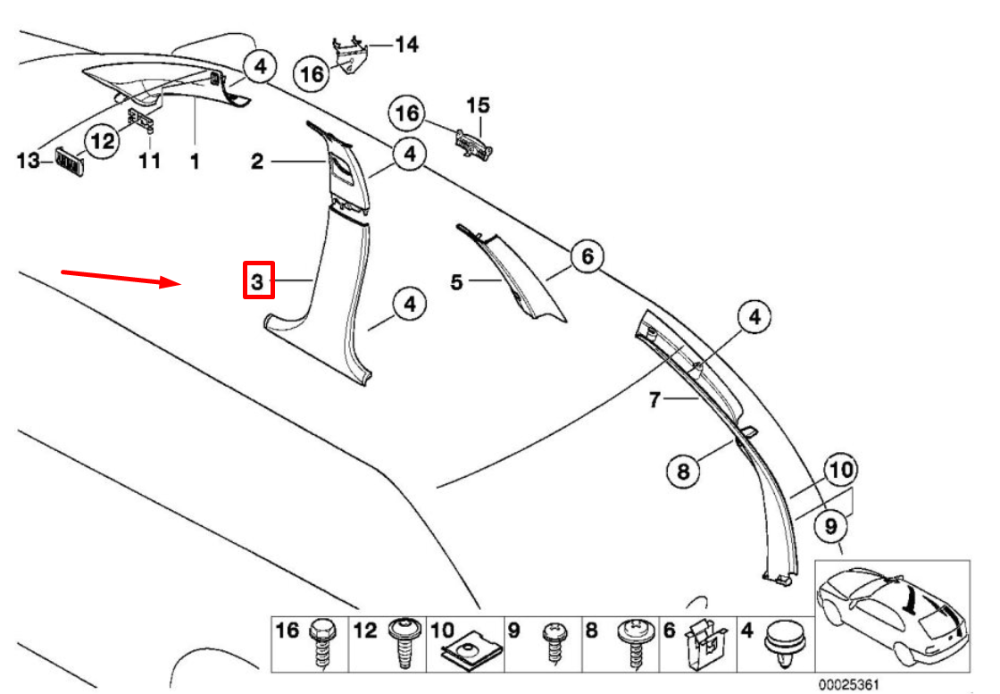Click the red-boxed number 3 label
pyautogui.click(x=257, y=282)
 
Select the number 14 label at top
pyautogui.click(x=406, y=44)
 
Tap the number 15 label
pyautogui.click(x=479, y=105)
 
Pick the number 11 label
pyautogui.click(x=149, y=162)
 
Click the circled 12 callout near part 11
pyautogui.click(x=103, y=141)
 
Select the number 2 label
pyautogui.click(x=257, y=162)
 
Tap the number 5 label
pyautogui.click(x=456, y=282)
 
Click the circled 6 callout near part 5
pyautogui.click(x=587, y=257)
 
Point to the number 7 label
pyautogui.click(x=654, y=401)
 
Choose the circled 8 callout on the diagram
pyautogui.click(x=683, y=470)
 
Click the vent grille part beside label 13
pyautogui.click(x=69, y=163)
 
